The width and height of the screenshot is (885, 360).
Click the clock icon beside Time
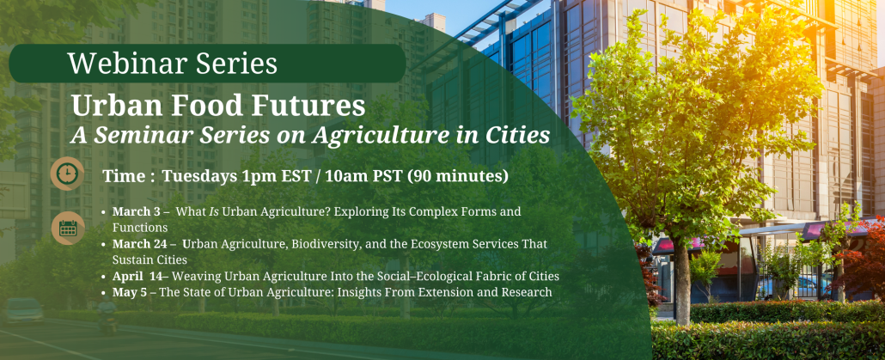click(x=67, y=174)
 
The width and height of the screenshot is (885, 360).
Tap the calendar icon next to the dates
click(x=68, y=228)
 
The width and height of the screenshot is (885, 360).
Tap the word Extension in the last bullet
click(x=449, y=292)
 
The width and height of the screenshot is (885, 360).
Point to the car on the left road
click(x=22, y=309)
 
